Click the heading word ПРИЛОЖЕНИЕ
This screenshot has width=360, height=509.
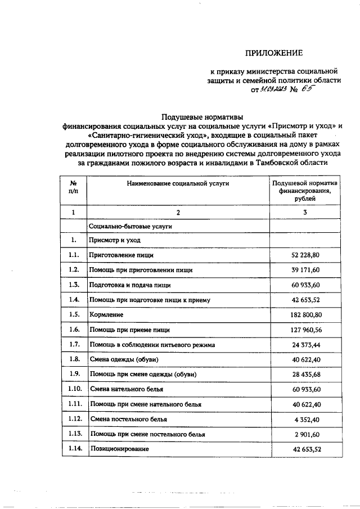coord(273,53)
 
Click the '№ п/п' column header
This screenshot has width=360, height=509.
coord(73,187)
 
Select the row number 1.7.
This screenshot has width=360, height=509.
coord(73,344)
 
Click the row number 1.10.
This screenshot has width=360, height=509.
coord(73,388)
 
